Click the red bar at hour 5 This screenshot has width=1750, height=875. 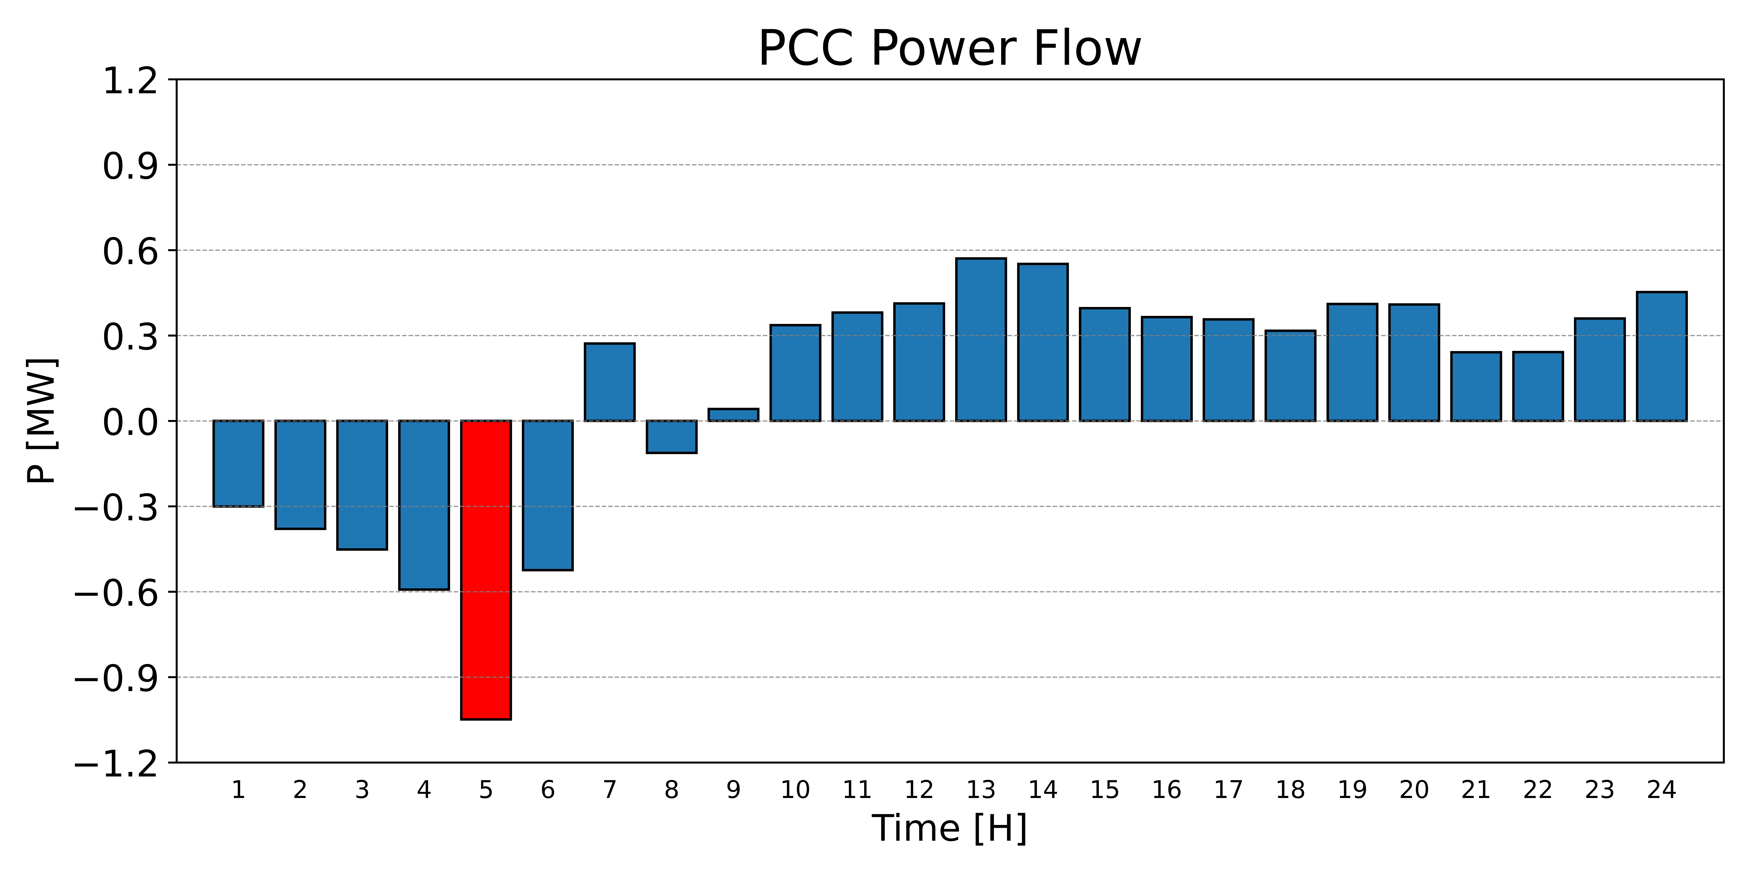486,570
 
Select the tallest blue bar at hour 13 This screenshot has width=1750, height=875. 981,340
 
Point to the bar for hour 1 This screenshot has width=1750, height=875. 239,463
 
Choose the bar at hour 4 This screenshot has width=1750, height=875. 424,505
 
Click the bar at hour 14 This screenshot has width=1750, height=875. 1043,342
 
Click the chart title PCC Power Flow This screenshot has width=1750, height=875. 950,49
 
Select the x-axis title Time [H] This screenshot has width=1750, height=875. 950,828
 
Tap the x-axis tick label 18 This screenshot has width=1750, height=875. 1290,790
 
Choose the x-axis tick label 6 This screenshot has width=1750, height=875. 548,790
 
